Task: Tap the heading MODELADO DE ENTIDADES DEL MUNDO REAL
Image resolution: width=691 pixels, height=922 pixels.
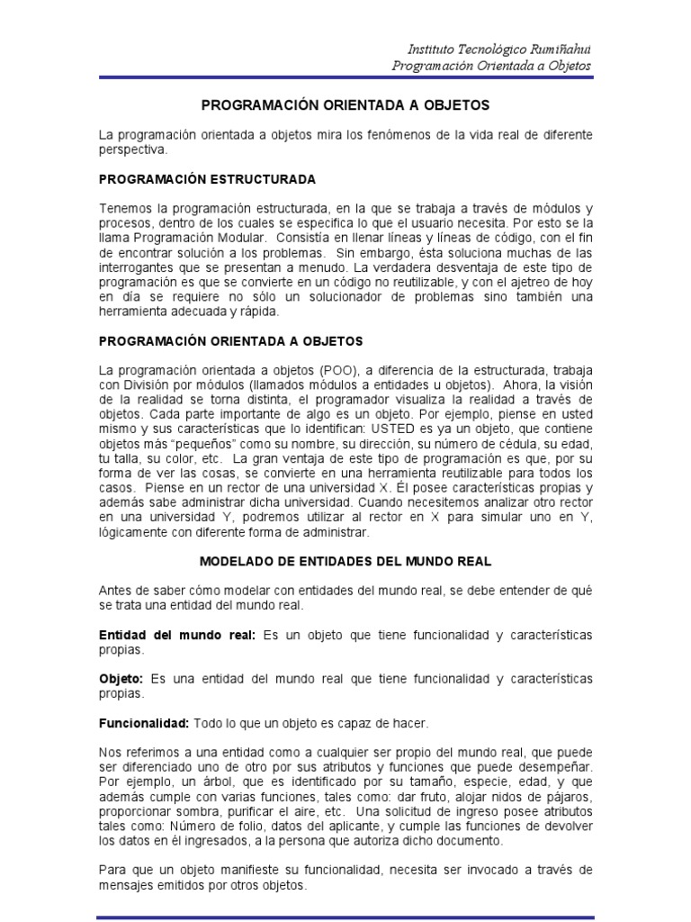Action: coord(345,561)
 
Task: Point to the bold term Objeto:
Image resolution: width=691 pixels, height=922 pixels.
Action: coord(121,678)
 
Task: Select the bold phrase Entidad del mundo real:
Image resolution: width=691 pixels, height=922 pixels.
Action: coord(177,635)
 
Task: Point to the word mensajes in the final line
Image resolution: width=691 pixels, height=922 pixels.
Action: coord(129,884)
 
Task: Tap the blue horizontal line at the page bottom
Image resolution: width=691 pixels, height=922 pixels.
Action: coord(345,917)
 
